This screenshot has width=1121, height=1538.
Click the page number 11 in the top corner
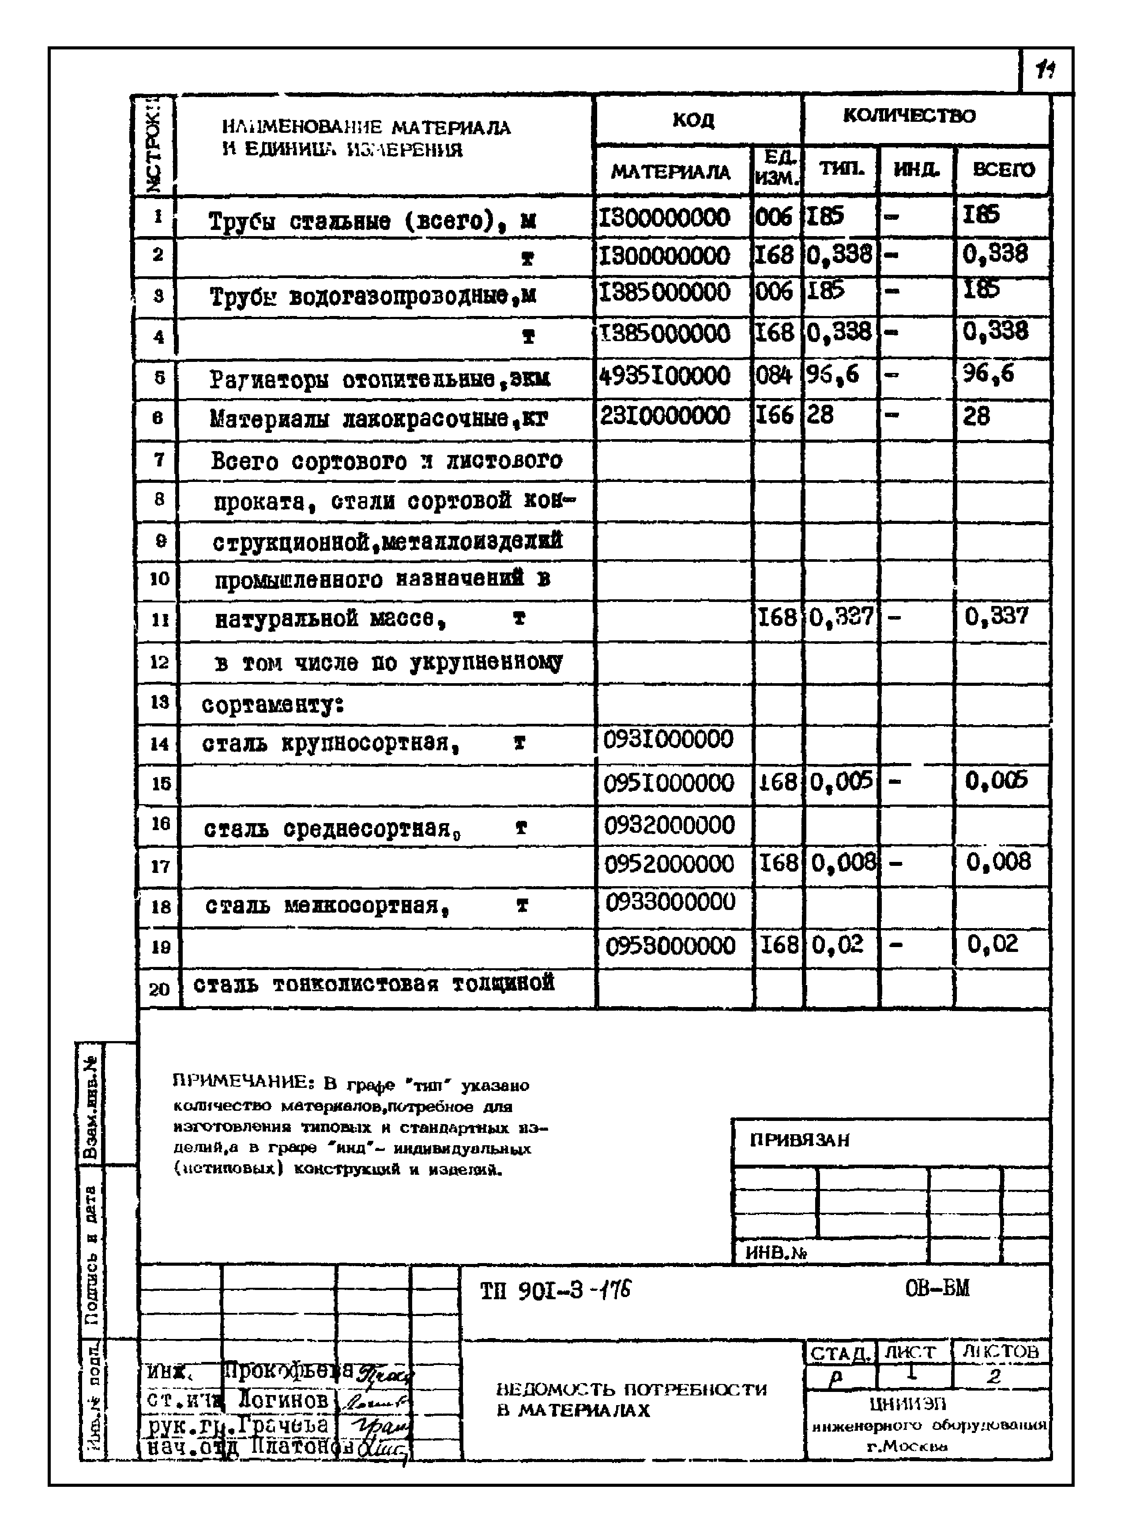pyautogui.click(x=1046, y=70)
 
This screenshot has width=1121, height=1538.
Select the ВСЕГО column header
pyautogui.click(x=1004, y=169)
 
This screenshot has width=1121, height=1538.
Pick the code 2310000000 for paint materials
pyautogui.click(x=665, y=415)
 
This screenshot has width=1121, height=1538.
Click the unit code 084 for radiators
pyautogui.click(x=774, y=375)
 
